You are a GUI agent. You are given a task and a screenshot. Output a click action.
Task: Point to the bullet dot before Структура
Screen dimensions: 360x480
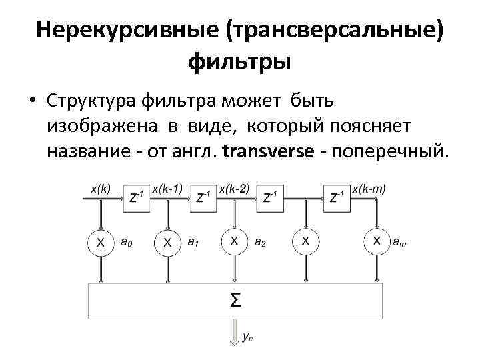[32, 101]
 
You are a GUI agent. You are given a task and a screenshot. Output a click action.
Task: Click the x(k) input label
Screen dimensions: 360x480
[101, 188]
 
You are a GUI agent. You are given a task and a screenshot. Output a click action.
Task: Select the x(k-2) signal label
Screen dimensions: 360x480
[234, 188]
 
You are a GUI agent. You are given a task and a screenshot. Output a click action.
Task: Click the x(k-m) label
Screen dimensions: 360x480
[369, 188]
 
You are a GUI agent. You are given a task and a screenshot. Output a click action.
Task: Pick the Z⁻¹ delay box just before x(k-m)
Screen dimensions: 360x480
[337, 197]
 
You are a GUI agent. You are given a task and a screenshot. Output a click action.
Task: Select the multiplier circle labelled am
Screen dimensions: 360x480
[377, 241]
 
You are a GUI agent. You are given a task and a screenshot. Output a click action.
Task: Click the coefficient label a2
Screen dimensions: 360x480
[259, 243]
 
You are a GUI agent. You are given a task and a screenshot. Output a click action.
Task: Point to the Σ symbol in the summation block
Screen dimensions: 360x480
[235, 300]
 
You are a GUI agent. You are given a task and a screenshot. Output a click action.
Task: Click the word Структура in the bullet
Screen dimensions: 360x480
[91, 101]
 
